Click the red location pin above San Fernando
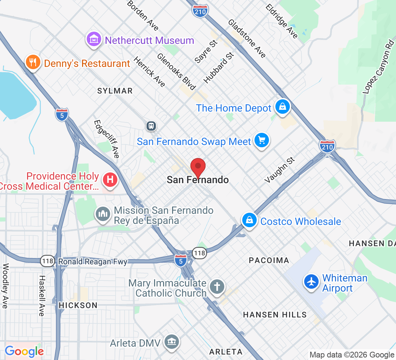pyautogui.click(x=198, y=167)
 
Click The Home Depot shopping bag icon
pyautogui.click(x=283, y=107)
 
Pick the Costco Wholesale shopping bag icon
pyautogui.click(x=249, y=220)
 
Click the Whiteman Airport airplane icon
pyautogui.click(x=311, y=282)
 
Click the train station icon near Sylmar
pyautogui.click(x=151, y=126)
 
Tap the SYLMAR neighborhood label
pyautogui.click(x=115, y=91)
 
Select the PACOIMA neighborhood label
pyautogui.click(x=269, y=260)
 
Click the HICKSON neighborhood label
pyautogui.click(x=78, y=305)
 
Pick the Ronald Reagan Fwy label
pyautogui.click(x=93, y=262)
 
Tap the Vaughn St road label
pyautogui.click(x=279, y=170)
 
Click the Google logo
pyautogui.click(x=24, y=351)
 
